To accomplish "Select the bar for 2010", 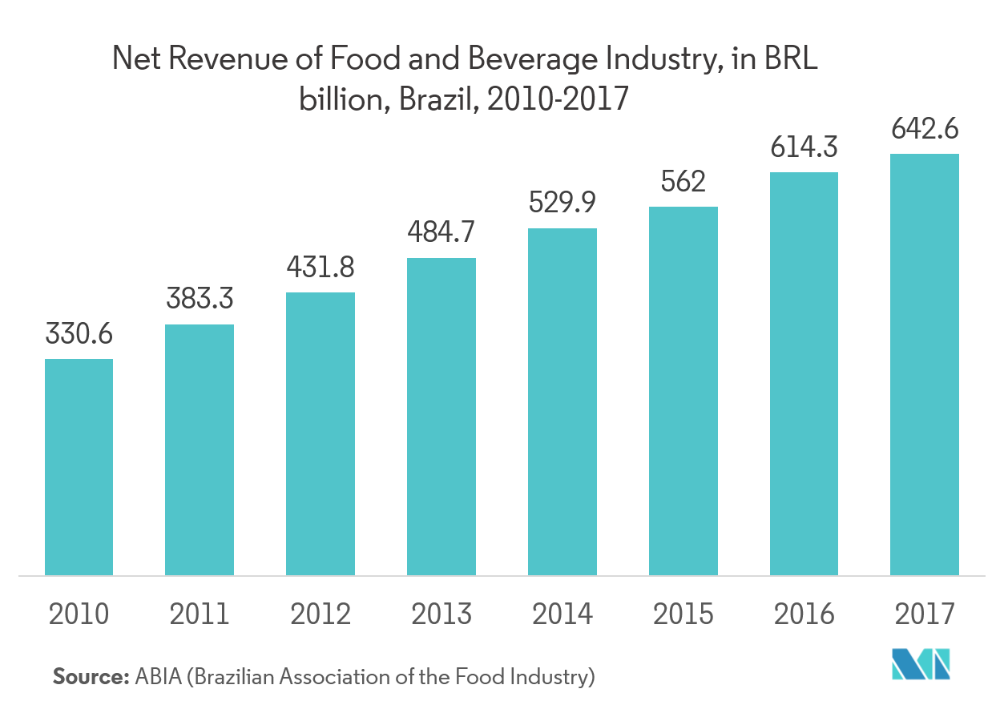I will pyautogui.click(x=79, y=466).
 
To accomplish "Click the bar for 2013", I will pyautogui.click(x=441, y=416).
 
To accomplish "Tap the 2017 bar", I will pyautogui.click(x=925, y=364).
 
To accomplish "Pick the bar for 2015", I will pyautogui.click(x=683, y=390).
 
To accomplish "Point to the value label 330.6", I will pyautogui.click(x=79, y=334).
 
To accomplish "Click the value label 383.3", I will pyautogui.click(x=200, y=299).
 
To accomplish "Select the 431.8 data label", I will pyautogui.click(x=321, y=267).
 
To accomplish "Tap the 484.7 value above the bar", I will pyautogui.click(x=441, y=232).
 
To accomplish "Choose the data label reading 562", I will pyautogui.click(x=683, y=182).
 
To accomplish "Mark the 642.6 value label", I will pyautogui.click(x=925, y=128).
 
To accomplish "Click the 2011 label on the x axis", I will pyautogui.click(x=200, y=614).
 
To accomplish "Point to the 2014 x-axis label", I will pyautogui.click(x=562, y=614).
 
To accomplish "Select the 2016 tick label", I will pyautogui.click(x=804, y=614).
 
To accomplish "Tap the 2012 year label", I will pyautogui.click(x=321, y=614).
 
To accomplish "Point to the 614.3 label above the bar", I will pyautogui.click(x=804, y=147).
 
